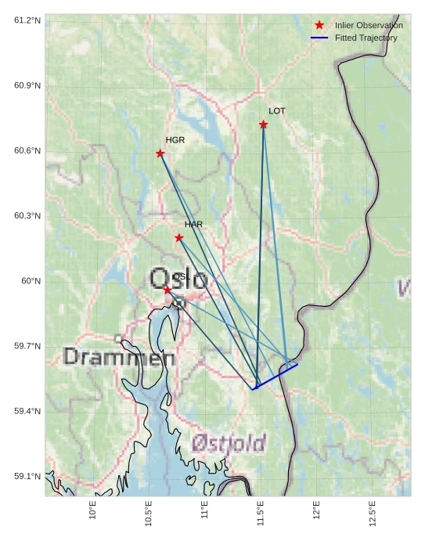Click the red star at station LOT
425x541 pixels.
tap(264, 124)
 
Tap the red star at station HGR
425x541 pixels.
tap(160, 153)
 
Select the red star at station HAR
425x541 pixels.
tap(179, 237)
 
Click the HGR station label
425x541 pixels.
tap(175, 140)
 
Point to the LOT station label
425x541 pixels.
tap(277, 111)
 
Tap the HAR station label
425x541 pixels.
tap(193, 225)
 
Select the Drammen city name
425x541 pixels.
tap(119, 358)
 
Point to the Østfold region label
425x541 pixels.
tap(229, 444)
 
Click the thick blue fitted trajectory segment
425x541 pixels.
tap(276, 376)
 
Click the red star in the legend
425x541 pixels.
tap(319, 25)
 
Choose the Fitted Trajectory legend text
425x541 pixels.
tap(366, 38)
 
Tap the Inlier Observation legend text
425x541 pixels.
tap(369, 26)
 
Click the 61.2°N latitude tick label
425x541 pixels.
tap(27, 20)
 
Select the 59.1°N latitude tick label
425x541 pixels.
tap(27, 477)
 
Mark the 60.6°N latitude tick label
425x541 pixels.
tap(27, 150)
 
